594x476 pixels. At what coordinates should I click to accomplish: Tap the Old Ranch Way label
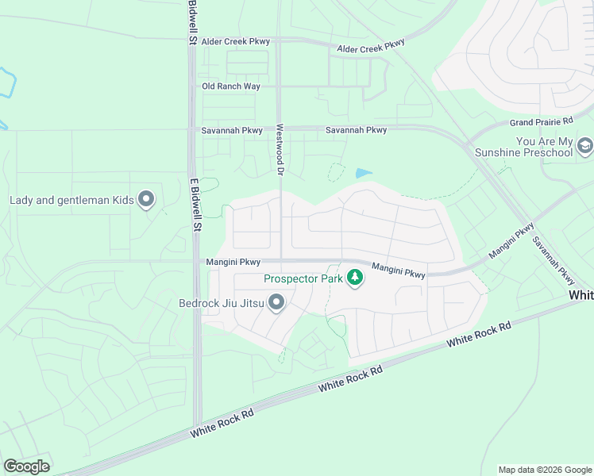click(230, 86)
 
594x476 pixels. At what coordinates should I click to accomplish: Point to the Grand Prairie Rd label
click(541, 122)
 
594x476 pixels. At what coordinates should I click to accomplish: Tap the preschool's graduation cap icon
click(585, 146)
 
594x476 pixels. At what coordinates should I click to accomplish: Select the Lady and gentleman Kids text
click(71, 199)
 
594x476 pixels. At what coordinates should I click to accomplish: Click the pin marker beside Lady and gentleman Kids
click(145, 199)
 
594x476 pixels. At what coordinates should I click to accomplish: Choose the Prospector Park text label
click(303, 278)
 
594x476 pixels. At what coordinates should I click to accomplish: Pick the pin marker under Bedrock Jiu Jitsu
click(276, 302)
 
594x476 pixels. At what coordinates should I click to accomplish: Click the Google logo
click(26, 466)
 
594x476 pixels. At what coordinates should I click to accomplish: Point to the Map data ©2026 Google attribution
click(544, 470)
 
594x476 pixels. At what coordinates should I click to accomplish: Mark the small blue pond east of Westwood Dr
click(364, 173)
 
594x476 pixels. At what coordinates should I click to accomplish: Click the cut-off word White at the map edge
click(581, 295)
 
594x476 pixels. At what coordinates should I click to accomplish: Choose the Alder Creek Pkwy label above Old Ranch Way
click(235, 41)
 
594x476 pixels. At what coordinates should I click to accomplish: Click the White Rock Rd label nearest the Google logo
click(222, 425)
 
